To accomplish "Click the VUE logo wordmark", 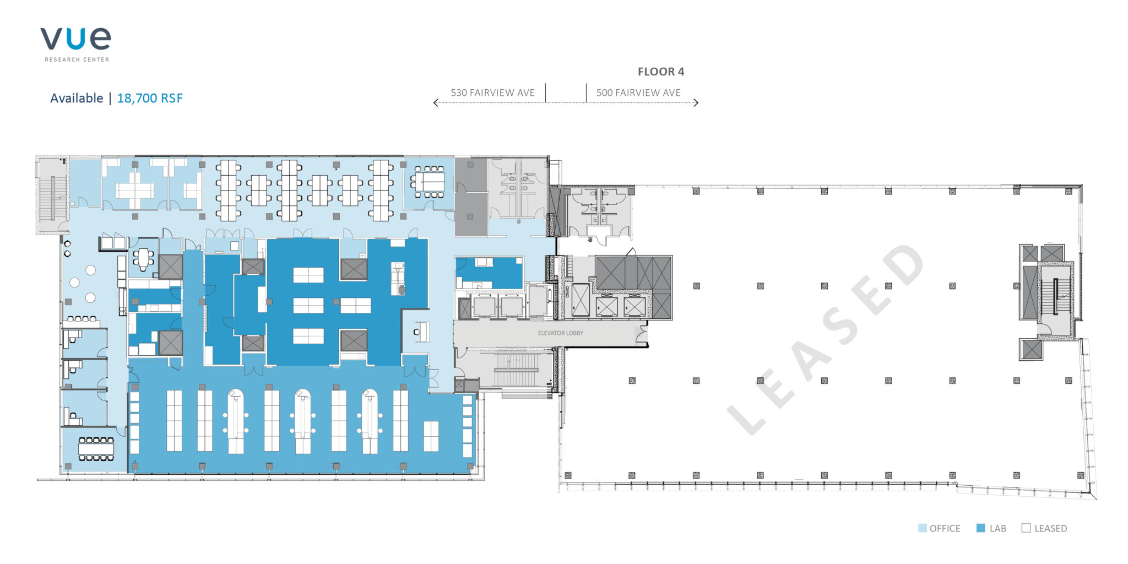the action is pyautogui.click(x=75, y=39).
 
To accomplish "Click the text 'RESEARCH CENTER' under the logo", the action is pyautogui.click(x=77, y=59).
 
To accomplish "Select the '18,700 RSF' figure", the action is pyautogui.click(x=150, y=98).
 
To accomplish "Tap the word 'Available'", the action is pyautogui.click(x=77, y=98).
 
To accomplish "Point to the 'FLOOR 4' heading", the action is pyautogui.click(x=661, y=72).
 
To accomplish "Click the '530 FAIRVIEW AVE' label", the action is pyautogui.click(x=492, y=93).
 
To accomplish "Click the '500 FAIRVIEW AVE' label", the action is pyautogui.click(x=638, y=93).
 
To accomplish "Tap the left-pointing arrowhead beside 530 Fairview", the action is pyautogui.click(x=436, y=102).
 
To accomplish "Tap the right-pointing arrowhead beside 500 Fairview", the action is pyautogui.click(x=696, y=102).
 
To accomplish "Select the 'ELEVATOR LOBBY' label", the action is pyautogui.click(x=560, y=333).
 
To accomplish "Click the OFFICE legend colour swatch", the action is pyautogui.click(x=923, y=528).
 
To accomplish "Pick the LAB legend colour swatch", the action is pyautogui.click(x=980, y=528).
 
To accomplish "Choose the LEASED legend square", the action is pyautogui.click(x=1026, y=528).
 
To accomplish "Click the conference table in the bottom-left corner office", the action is pyautogui.click(x=96, y=449).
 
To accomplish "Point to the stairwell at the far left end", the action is pyautogui.click(x=53, y=196).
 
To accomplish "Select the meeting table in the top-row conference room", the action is pyautogui.click(x=430, y=181).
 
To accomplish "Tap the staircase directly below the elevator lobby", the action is pyautogui.click(x=517, y=370).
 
